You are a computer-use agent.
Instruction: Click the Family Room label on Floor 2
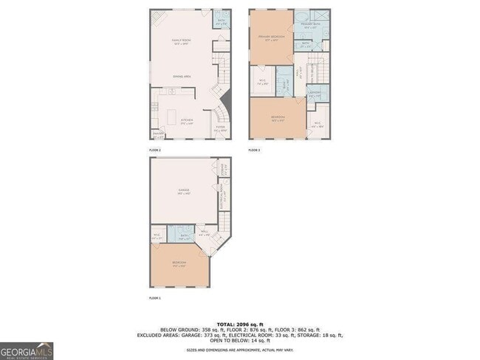[x=181, y=42]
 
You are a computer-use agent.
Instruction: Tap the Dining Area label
[x=182, y=77]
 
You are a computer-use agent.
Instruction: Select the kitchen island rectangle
[x=174, y=117]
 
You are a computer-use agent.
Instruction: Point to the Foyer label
[x=220, y=128]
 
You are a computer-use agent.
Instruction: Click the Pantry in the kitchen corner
[x=157, y=135]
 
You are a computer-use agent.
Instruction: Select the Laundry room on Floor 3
[x=314, y=93]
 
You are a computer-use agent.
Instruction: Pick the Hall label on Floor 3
[x=300, y=74]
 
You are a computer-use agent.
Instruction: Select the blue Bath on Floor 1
[x=180, y=235]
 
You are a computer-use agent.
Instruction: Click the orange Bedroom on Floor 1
[x=179, y=265]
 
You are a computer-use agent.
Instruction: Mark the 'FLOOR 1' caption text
[x=155, y=298]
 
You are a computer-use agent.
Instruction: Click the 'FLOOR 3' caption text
[x=254, y=150]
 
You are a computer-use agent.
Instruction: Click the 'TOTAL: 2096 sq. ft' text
[x=239, y=324]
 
